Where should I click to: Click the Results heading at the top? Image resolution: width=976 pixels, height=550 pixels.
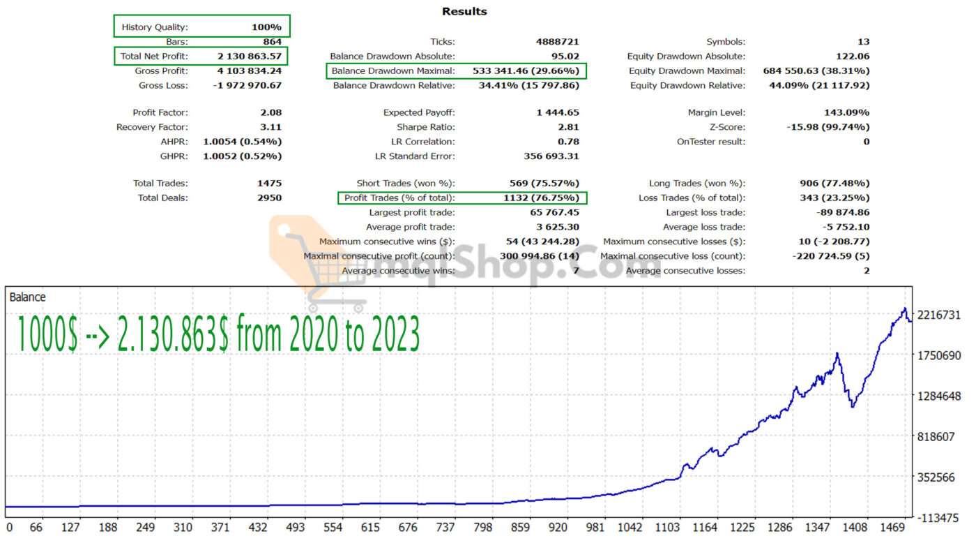[x=464, y=12]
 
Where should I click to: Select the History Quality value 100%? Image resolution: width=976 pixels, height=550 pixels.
[x=266, y=27]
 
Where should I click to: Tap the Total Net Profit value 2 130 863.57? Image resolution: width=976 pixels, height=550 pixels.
[x=250, y=57]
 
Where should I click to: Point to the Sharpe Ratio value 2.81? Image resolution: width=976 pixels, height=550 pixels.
[x=568, y=127]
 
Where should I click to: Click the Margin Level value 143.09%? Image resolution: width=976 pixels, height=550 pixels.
[x=846, y=112]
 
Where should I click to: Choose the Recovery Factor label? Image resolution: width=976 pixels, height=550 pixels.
[x=152, y=127]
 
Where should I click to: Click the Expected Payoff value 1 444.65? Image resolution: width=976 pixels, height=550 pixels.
[x=558, y=112]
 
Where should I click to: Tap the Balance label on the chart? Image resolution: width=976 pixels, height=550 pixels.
[x=27, y=297]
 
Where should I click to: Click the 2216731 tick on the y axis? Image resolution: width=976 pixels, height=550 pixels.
[x=940, y=315]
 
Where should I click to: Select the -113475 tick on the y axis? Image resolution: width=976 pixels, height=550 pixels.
[x=940, y=518]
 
